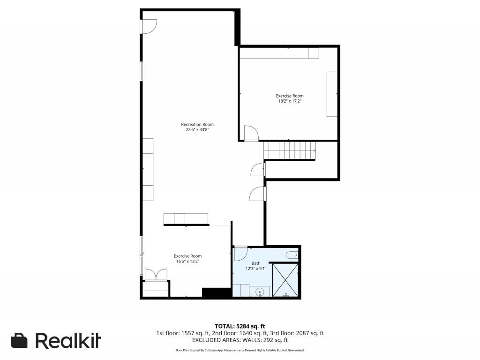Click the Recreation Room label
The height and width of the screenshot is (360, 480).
[x=197, y=124]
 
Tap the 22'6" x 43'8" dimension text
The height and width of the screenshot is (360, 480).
[x=197, y=130]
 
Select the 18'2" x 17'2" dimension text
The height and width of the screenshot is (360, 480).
[x=289, y=101]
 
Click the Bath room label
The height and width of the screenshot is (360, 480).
[x=255, y=263]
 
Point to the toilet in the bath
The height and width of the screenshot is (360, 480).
[x=292, y=255]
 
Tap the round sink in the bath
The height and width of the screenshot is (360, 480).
[x=260, y=292]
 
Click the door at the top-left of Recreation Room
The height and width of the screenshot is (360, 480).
[x=149, y=26]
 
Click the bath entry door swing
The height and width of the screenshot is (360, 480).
[x=240, y=254]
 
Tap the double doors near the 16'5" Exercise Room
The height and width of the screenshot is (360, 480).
[x=156, y=274]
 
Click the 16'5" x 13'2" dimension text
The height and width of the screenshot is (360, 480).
[x=187, y=262]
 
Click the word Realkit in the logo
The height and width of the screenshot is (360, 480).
[x=68, y=340]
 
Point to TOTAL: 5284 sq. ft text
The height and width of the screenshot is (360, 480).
[x=240, y=326]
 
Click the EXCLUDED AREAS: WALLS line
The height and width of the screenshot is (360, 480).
[x=240, y=340]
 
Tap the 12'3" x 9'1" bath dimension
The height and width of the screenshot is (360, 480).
[x=255, y=269]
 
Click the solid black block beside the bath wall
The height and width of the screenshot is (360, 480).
[x=217, y=292]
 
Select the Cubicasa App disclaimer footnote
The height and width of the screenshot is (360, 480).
[x=240, y=350]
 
